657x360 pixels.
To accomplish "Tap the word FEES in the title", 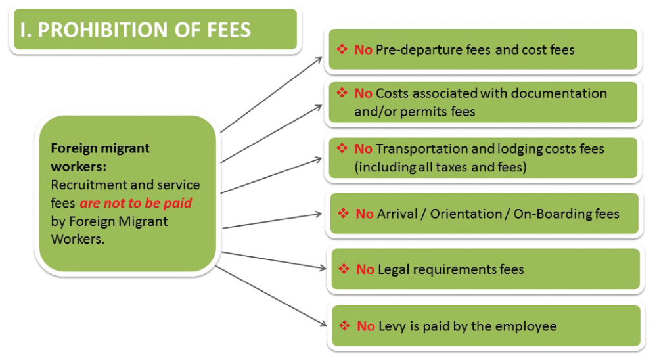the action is [x=229, y=30].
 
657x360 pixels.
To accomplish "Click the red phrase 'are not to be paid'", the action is [x=136, y=203].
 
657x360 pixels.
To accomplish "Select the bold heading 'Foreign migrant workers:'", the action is [x=100, y=157].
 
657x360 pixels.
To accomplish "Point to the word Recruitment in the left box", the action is [x=84, y=185].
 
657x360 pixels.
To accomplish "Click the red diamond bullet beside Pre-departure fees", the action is [x=342, y=49].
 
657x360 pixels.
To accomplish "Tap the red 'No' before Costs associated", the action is [x=363, y=93].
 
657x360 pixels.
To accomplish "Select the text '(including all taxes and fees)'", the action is [x=440, y=168].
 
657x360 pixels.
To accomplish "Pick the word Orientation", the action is [x=466, y=214].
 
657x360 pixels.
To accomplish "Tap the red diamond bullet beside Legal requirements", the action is [x=344, y=269].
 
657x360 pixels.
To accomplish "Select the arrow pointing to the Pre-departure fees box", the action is [x=271, y=95].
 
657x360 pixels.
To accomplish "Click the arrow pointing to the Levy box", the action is [x=271, y=296].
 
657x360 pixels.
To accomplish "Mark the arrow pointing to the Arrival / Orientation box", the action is [x=272, y=221].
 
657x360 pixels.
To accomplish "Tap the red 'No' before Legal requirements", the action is [x=365, y=269].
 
